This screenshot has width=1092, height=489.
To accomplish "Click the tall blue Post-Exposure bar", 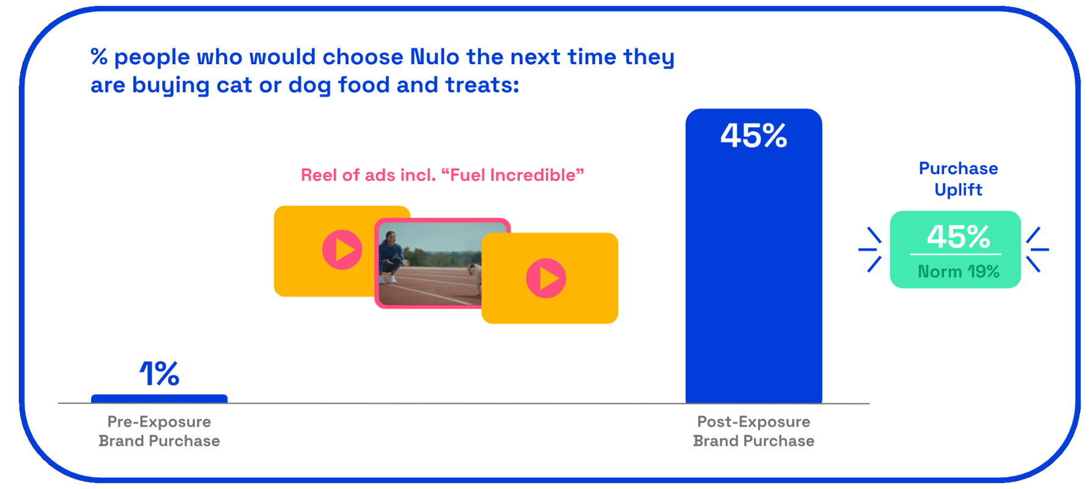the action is coord(753,256).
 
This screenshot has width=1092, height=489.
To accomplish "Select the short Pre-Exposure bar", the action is coord(159,399).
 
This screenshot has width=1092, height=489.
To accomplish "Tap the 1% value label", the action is coord(159,373).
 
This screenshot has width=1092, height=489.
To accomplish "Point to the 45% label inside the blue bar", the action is coord(753,136).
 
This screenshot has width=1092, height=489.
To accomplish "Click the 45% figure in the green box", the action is coord(958,237).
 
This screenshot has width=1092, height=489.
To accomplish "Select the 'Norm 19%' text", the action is coord(958,271).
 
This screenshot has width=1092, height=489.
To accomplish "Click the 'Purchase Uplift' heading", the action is coord(958,178).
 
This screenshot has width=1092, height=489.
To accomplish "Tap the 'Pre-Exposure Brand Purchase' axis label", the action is coord(159,431).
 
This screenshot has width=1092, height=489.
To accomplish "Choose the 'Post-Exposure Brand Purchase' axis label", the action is coord(753,431).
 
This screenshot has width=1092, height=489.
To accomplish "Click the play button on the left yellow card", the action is coord(342,249).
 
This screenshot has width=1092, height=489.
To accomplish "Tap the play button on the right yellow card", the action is coord(546,278).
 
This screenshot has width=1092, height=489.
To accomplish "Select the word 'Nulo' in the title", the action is coord(434,57).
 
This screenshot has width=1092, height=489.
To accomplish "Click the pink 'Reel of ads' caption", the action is coord(442,175).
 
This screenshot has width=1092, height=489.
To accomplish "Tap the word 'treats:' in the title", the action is coord(482,85).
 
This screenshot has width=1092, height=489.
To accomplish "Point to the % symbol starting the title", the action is coord(99,57).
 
